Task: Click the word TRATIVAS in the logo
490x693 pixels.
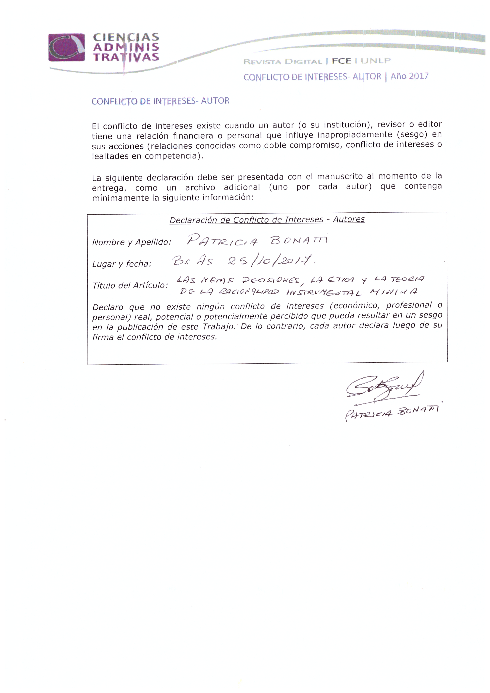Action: [x=126, y=57]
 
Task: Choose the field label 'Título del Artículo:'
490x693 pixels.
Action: [x=130, y=285]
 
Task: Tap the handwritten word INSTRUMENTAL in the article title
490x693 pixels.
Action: [x=324, y=292]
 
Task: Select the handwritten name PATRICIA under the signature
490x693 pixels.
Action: [x=368, y=414]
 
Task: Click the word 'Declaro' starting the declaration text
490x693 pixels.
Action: [x=108, y=307]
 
